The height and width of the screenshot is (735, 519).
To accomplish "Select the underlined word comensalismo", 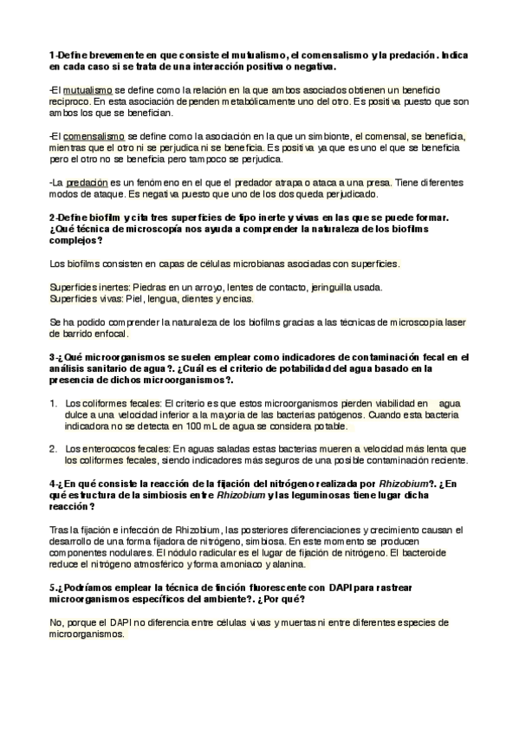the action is point(94,136).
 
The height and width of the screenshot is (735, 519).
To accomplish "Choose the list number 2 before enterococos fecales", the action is point(54,449).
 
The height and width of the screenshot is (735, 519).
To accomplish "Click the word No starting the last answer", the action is point(56,622).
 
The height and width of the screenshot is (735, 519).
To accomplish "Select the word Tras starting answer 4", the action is point(60,529).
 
